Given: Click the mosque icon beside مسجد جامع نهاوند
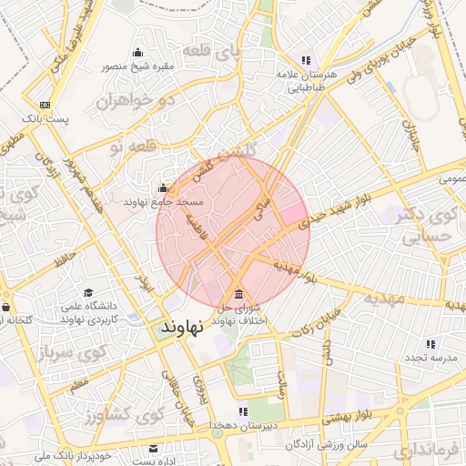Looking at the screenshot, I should pos(163,188).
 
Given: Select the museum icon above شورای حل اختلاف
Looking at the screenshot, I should pos(238,294).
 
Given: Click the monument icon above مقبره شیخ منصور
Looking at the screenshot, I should pos(137,51).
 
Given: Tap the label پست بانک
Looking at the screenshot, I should pos(46,119).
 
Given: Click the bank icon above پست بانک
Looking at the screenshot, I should pos(45,105).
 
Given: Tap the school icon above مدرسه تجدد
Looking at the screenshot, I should pos(429,344).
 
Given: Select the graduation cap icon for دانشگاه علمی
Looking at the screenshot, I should pos(88,293).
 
